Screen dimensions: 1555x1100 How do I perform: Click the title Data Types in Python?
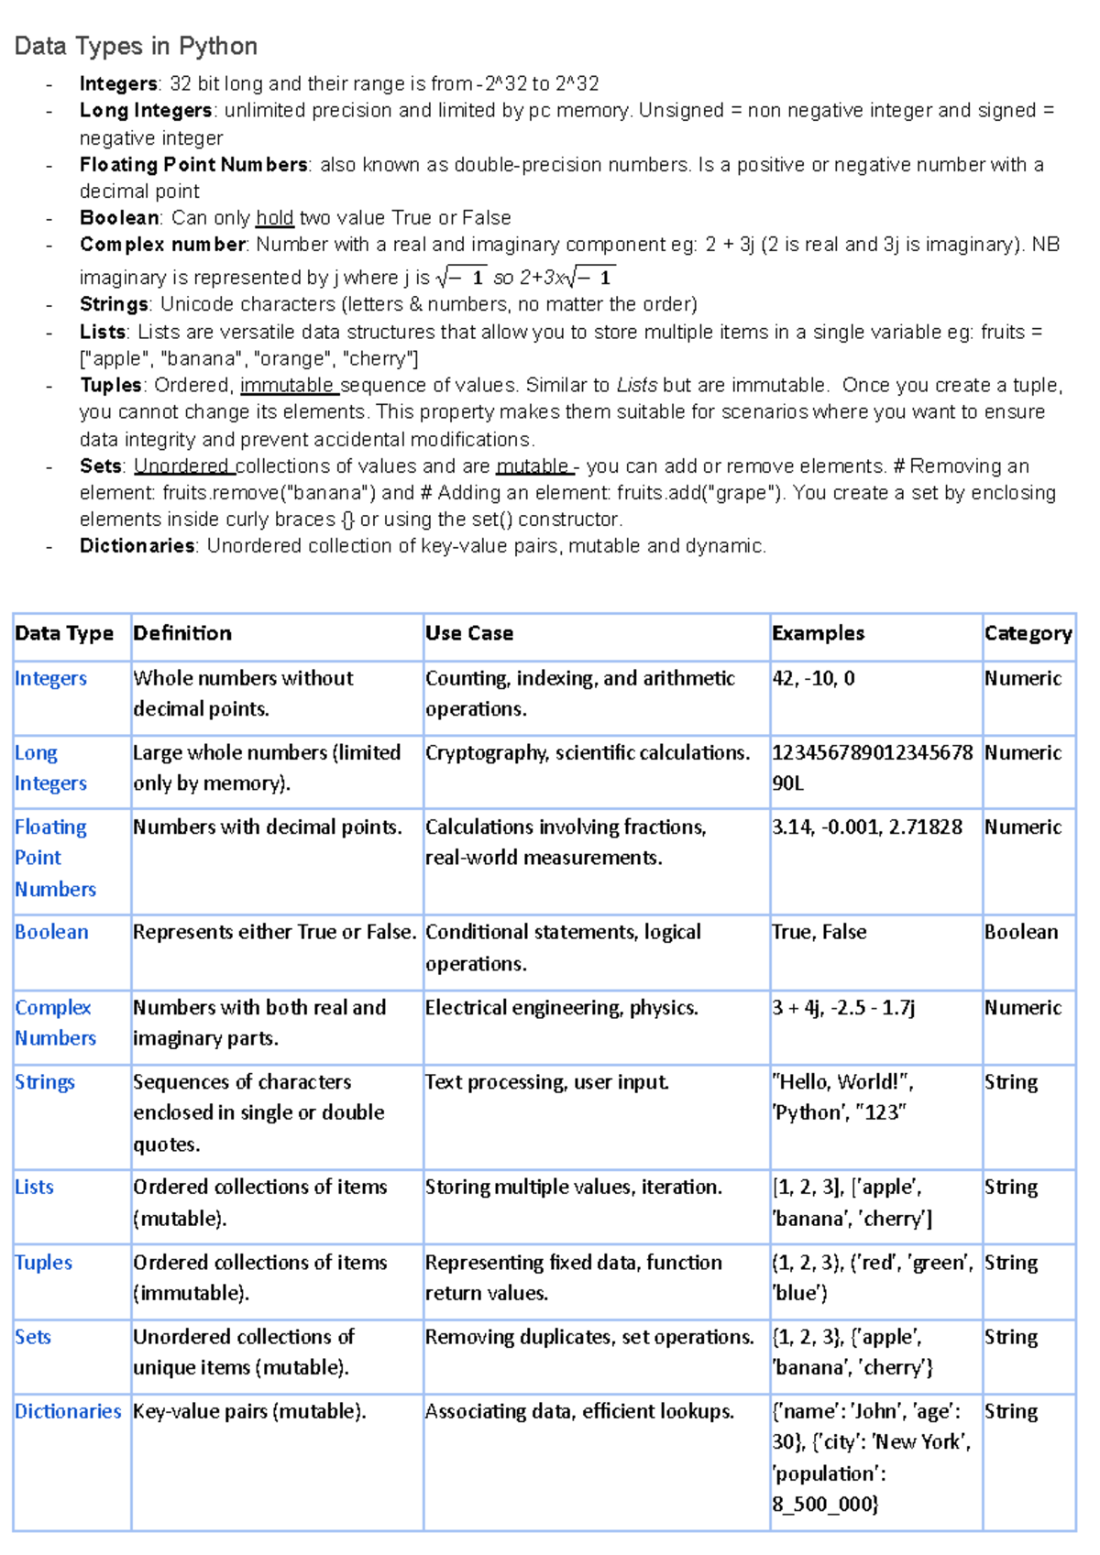click(x=136, y=46)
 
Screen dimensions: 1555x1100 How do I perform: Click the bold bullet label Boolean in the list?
click(x=119, y=218)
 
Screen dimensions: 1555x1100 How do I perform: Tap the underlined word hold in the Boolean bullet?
click(x=274, y=218)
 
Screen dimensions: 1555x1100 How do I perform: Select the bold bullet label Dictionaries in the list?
click(x=137, y=546)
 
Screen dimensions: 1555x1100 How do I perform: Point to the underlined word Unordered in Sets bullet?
click(x=181, y=466)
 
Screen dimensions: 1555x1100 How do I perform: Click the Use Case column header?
click(x=468, y=633)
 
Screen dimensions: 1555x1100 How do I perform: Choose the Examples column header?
click(x=818, y=633)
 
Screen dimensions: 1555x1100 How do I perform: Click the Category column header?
click(x=1028, y=633)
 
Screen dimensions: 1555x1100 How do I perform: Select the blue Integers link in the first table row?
click(x=50, y=679)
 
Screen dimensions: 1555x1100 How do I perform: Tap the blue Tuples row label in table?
click(x=43, y=1263)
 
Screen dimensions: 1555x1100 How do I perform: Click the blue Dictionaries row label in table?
click(x=68, y=1411)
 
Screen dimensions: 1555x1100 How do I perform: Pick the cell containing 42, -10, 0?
click(x=813, y=679)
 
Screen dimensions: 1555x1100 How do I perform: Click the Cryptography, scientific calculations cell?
click(x=587, y=753)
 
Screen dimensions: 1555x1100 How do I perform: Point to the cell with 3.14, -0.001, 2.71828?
click(x=866, y=827)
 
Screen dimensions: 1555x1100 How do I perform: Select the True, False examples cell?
click(x=819, y=933)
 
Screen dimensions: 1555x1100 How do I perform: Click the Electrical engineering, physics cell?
click(x=561, y=1008)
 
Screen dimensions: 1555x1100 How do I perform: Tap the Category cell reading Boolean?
click(x=1020, y=933)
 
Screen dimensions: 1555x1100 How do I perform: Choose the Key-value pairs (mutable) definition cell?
click(x=249, y=1411)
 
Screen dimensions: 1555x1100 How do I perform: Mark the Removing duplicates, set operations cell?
click(x=588, y=1337)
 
